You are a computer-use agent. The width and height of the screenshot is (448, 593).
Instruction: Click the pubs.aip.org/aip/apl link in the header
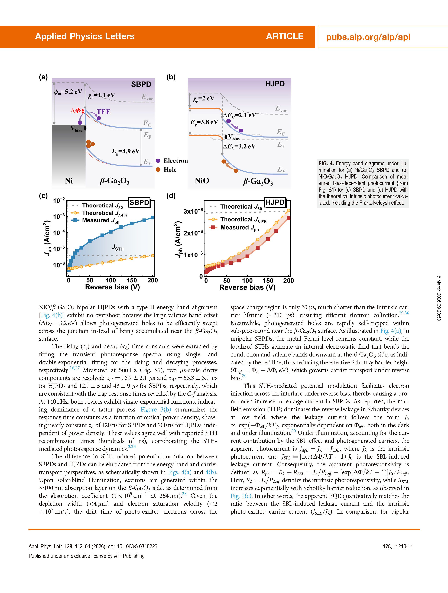368,37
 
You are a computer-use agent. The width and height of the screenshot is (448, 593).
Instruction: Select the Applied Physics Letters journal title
85,36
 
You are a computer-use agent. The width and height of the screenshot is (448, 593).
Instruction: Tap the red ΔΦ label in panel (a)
75,111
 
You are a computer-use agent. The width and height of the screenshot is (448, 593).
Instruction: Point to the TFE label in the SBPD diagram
103,112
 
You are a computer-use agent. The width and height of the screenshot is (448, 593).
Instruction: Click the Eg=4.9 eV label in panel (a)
125,151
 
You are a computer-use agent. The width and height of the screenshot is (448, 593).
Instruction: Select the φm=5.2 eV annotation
68,92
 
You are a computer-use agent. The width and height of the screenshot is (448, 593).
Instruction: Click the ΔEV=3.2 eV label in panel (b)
239,146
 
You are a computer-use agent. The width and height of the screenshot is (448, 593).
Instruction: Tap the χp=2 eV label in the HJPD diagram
203,98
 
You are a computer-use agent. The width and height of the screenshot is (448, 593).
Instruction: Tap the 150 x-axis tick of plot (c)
132,280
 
